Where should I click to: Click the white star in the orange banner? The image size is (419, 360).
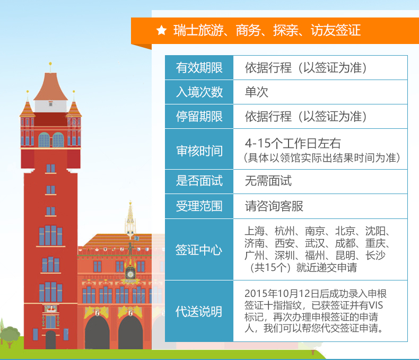pyautogui.click(x=162, y=30)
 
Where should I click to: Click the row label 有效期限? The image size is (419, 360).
pyautogui.click(x=199, y=67)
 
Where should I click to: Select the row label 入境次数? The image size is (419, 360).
pyautogui.click(x=199, y=92)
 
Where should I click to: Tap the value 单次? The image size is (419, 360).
pyautogui.click(x=257, y=92)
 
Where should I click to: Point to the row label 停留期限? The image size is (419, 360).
pyautogui.click(x=199, y=117)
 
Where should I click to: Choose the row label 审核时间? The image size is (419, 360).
pyautogui.click(x=199, y=151)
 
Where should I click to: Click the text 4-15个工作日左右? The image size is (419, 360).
pyautogui.click(x=293, y=143)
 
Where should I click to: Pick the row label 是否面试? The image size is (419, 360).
pyautogui.click(x=199, y=181)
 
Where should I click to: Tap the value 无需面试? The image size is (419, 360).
pyautogui.click(x=268, y=181)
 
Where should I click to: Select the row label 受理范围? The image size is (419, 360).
pyautogui.click(x=199, y=206)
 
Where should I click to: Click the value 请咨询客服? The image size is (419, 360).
pyautogui.click(x=274, y=206)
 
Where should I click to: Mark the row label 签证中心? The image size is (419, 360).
pyautogui.click(x=198, y=250)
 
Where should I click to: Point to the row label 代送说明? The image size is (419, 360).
pyautogui.click(x=198, y=311)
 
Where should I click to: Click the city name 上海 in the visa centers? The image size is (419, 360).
pyautogui.click(x=255, y=231)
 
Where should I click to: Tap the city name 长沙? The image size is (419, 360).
pyautogui.click(x=376, y=256)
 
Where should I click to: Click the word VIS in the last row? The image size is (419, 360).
pyautogui.click(x=376, y=305)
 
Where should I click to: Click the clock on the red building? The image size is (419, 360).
pyautogui.click(x=130, y=274)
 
